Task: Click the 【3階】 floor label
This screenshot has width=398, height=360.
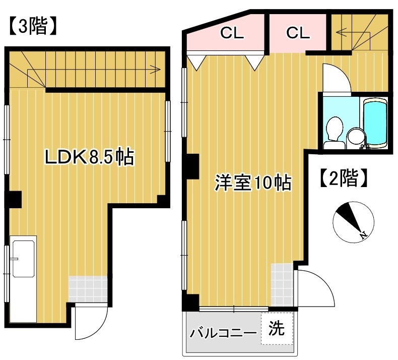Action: (x=31, y=27)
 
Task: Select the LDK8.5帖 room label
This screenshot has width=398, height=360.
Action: (x=89, y=158)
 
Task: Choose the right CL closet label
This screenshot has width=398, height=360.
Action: (x=298, y=33)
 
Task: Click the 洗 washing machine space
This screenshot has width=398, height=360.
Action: (x=276, y=329)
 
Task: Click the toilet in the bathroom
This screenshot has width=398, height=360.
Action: (x=334, y=131)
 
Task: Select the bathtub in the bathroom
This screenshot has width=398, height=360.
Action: (x=374, y=124)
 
